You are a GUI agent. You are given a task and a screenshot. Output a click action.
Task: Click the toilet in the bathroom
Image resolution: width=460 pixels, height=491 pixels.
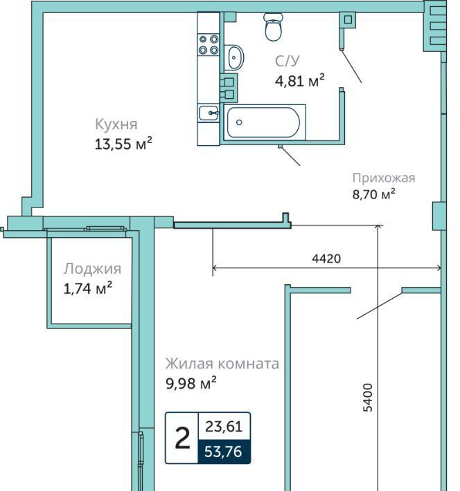(x=274, y=26)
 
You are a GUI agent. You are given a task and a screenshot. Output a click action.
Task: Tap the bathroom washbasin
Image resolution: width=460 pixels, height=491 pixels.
(x=233, y=57)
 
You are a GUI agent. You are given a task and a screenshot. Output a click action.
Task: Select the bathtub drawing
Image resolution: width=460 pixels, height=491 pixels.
(x=263, y=122)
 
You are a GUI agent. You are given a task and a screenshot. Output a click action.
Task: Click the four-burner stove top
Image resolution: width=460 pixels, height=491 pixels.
(x=209, y=44)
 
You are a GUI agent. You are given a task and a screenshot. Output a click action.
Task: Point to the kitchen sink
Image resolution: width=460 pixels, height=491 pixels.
(x=209, y=113)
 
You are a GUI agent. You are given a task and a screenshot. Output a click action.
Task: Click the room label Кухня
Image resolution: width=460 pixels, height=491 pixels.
(x=116, y=124)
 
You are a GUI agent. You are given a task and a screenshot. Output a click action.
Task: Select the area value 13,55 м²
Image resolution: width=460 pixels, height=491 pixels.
(x=123, y=143)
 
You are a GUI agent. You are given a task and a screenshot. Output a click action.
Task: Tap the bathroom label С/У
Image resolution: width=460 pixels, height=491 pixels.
(x=287, y=61)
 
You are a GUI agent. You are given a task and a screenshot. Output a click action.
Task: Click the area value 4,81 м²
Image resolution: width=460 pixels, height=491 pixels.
(x=299, y=80)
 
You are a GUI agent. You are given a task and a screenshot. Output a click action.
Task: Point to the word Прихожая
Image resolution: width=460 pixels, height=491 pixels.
(x=384, y=178)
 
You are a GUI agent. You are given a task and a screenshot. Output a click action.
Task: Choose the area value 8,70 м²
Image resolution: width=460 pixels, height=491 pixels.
(x=373, y=194)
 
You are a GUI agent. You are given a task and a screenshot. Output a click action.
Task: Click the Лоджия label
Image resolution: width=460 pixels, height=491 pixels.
(x=92, y=269)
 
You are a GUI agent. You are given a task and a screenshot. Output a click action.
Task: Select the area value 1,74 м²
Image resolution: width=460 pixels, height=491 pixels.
(x=87, y=288)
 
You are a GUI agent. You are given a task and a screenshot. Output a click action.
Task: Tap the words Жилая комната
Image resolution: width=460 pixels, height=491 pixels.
(x=222, y=364)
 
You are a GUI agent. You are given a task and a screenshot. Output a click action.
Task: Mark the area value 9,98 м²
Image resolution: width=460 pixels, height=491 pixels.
(x=191, y=382)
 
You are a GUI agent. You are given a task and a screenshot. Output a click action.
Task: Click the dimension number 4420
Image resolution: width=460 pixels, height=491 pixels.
(x=326, y=259)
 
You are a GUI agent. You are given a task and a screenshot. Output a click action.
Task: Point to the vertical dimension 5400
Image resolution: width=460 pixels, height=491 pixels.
(x=367, y=398)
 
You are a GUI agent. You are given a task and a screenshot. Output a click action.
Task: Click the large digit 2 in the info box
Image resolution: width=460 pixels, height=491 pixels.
(x=182, y=438)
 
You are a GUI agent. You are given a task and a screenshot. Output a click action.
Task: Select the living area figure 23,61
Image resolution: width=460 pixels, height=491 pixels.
(x=224, y=427)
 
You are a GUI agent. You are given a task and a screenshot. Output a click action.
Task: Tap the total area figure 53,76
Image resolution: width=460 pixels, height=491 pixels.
(x=223, y=452)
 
